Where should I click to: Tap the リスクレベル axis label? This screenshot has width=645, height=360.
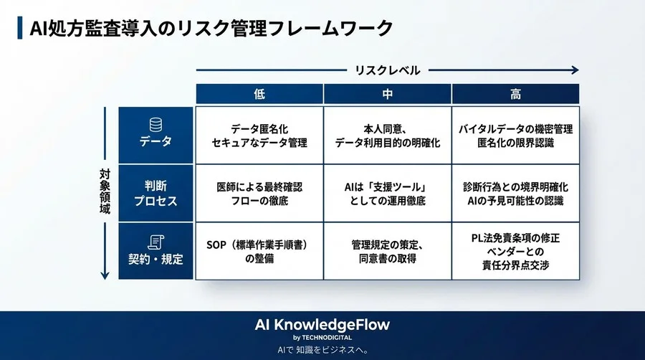388,70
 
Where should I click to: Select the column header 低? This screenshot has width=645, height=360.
259,95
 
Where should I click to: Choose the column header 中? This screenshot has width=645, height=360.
387,95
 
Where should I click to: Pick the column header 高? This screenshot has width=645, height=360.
515,95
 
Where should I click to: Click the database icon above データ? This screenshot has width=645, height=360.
156,124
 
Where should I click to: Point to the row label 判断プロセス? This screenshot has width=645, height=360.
156,194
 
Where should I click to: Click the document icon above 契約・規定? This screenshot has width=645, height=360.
156,241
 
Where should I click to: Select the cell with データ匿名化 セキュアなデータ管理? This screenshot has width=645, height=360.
259,136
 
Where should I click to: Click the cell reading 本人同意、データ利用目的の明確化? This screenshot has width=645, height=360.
387,136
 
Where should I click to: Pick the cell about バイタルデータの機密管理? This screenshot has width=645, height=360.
515,136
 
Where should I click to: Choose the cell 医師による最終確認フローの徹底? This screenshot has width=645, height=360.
259,194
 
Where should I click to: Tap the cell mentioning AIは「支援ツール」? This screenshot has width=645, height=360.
387,194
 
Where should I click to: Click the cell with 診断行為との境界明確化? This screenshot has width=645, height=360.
515,194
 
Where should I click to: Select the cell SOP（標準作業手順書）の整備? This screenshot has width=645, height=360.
259,251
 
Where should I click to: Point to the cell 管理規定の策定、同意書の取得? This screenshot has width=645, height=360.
387,251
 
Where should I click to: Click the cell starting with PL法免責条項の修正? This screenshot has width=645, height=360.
515,252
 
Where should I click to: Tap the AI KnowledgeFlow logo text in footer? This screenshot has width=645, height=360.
322,324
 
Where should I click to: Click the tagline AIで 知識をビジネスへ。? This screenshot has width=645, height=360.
322,350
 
